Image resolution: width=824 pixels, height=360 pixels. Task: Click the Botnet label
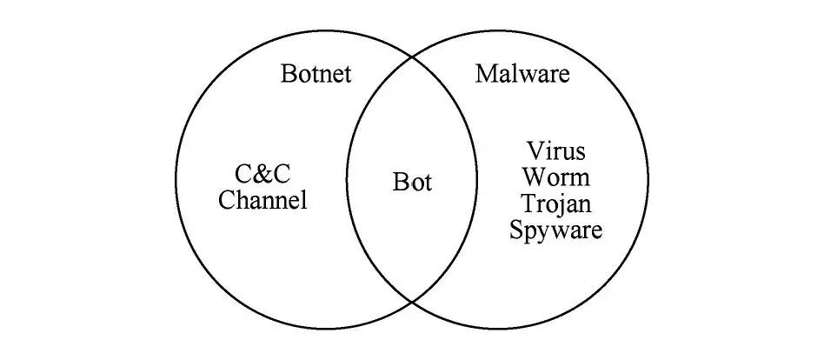[x=316, y=74]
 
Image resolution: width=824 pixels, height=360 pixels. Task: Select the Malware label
[x=522, y=74]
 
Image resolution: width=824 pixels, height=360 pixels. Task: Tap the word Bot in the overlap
[x=412, y=183]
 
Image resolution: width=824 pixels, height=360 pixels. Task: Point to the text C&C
[x=263, y=171]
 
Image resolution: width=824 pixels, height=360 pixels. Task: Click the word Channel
[x=262, y=201]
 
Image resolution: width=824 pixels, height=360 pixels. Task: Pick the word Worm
[x=555, y=177]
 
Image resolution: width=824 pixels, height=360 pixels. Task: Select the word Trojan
[x=555, y=204]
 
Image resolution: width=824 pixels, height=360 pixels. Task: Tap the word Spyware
[x=555, y=231]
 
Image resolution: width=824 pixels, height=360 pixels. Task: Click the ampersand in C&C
[x=263, y=171]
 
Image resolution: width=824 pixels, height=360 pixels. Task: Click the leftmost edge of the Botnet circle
[x=176, y=179]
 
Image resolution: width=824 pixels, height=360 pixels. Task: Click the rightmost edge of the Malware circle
[x=648, y=179]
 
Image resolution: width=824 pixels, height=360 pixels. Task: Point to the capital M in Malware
[x=486, y=74]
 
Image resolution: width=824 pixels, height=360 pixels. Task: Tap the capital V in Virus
[x=535, y=150]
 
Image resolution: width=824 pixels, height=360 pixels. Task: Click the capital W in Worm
[x=533, y=177]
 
